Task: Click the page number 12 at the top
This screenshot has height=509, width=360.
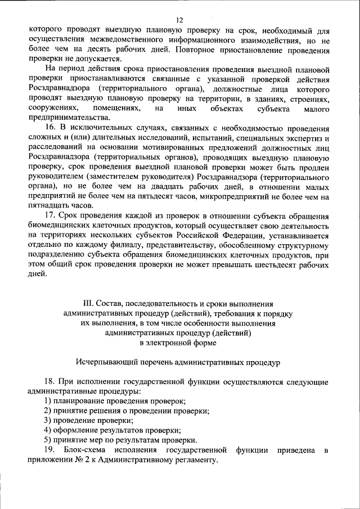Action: click(179, 19)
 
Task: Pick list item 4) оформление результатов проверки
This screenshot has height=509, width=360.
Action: click(109, 430)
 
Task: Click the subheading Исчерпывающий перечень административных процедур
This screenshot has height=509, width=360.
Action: click(179, 361)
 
